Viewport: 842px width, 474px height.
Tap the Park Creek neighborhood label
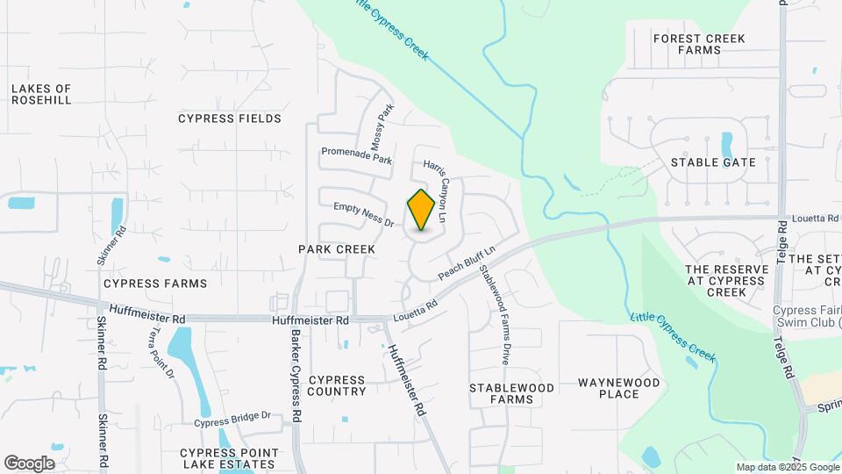click(337, 249)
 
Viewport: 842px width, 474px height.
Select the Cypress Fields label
click(230, 118)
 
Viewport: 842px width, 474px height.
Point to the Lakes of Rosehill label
click(41, 95)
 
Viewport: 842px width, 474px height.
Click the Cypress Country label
click(337, 386)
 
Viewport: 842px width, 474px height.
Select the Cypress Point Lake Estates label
click(229, 459)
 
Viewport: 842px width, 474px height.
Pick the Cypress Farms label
click(155, 284)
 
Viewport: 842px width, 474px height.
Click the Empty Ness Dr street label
click(363, 215)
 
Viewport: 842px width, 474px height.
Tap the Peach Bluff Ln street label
click(467, 262)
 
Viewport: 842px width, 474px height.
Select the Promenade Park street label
click(356, 155)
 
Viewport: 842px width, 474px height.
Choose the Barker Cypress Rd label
click(297, 372)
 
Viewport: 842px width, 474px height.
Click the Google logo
click(29, 463)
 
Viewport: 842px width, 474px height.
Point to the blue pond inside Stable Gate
click(726, 145)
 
